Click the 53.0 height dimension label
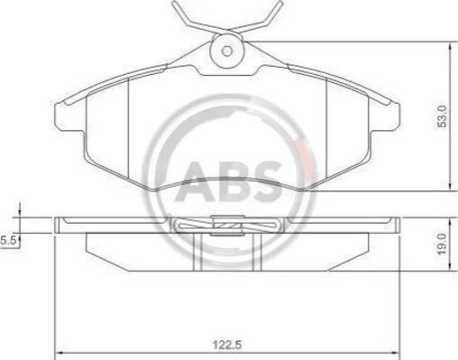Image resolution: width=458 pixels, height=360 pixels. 443,116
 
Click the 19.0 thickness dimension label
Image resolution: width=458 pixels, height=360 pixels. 443,244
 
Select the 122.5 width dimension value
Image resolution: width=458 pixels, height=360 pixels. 227,345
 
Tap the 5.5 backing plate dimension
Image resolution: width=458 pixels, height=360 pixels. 8,240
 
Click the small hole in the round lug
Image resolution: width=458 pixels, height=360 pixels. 227,51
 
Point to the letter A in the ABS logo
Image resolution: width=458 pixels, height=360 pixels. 194,181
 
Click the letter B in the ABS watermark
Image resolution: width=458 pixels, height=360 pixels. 232,181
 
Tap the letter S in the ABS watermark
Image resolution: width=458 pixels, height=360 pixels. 266,181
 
